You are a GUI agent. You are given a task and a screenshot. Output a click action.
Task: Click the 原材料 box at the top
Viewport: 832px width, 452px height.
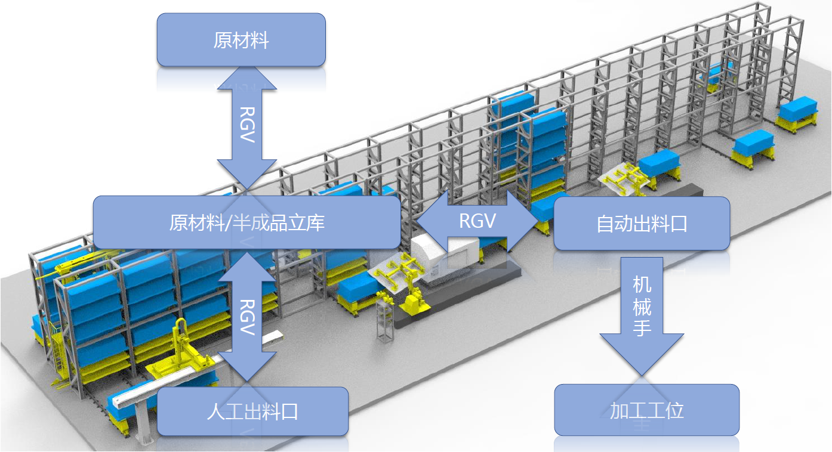[241, 40]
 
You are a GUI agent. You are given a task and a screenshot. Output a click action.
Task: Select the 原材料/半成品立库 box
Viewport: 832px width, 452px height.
[246, 222]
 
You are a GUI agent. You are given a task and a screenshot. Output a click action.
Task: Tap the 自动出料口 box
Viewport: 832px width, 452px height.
[642, 224]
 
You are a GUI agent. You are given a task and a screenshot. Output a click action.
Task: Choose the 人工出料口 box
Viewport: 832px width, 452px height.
[252, 411]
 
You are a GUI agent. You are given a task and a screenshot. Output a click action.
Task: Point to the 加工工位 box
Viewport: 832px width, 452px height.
[646, 410]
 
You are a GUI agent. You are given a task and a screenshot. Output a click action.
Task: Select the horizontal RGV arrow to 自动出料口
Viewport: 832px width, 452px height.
[477, 221]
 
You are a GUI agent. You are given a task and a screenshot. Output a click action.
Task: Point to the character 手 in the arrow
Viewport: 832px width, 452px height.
[642, 327]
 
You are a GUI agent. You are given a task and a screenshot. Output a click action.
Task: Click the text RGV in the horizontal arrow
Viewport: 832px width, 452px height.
[477, 221]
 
